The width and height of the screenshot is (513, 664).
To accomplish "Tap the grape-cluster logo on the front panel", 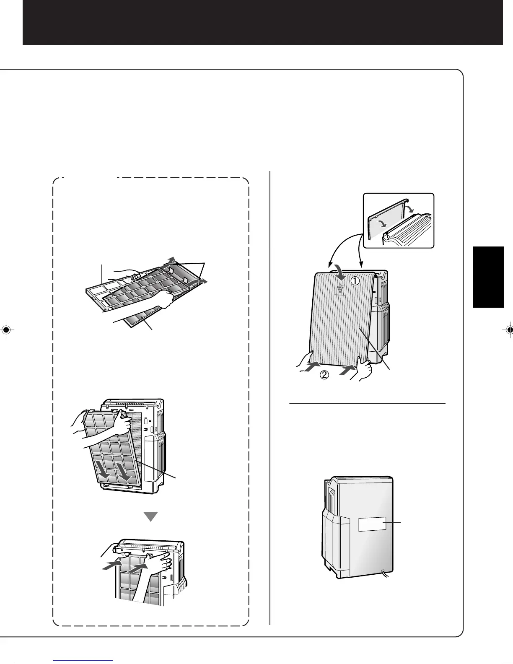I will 340,289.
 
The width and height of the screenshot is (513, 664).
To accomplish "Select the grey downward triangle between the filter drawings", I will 150,517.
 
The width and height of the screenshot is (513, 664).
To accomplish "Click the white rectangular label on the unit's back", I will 372,524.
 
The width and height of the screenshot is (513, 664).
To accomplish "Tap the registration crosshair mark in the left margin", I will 6,329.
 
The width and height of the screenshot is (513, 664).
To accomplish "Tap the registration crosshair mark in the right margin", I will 508,329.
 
